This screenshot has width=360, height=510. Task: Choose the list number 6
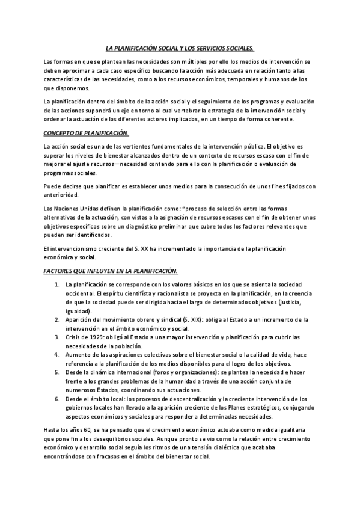pyautogui.click(x=56, y=399)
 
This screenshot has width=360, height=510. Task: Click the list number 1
pyautogui.click(x=56, y=284)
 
